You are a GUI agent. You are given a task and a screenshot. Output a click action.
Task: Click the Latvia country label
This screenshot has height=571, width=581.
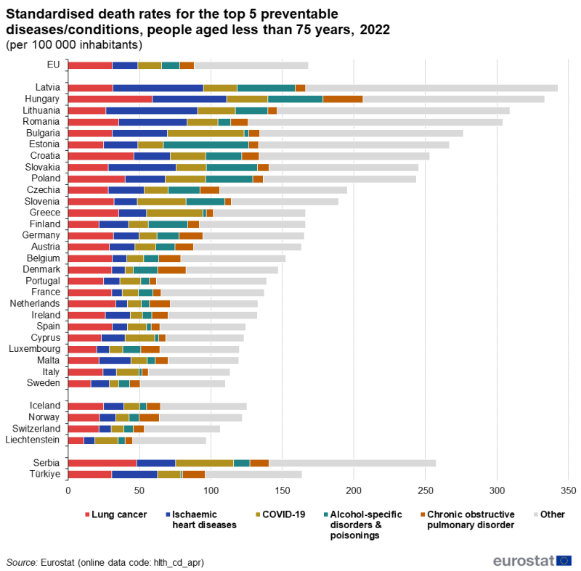pyautogui.click(x=49, y=88)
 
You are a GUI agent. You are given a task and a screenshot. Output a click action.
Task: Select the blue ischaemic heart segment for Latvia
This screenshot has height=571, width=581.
pyautogui.click(x=158, y=88)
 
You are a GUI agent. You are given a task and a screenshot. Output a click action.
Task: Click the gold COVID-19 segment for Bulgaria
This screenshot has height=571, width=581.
pyautogui.click(x=206, y=133)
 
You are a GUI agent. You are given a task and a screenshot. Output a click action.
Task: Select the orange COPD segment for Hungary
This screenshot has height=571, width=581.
pyautogui.click(x=343, y=99)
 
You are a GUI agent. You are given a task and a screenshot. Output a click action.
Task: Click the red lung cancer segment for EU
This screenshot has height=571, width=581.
pyautogui.click(x=90, y=65)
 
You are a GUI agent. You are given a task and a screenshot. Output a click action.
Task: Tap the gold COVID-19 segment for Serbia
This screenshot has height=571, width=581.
pyautogui.click(x=204, y=463)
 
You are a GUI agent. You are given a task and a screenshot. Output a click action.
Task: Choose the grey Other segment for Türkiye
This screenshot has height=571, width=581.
pyautogui.click(x=253, y=475)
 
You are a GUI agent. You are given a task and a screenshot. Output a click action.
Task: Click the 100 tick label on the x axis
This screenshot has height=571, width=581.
pyautogui.click(x=211, y=490)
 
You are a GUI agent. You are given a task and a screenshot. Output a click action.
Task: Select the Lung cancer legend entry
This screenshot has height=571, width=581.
pyautogui.click(x=115, y=515)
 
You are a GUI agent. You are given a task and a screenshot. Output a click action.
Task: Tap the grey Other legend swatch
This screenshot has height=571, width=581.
pyautogui.click(x=535, y=515)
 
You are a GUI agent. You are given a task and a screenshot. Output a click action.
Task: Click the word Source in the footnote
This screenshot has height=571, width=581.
pyautogui.click(x=23, y=562)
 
